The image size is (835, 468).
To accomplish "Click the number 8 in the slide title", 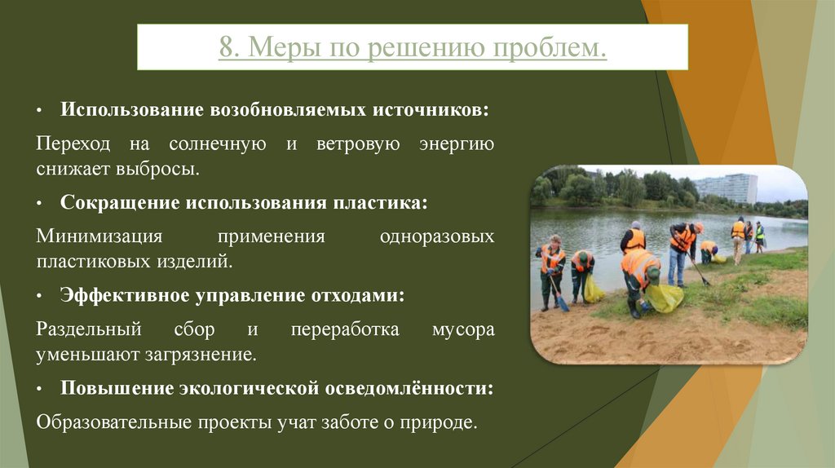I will (x=224, y=48).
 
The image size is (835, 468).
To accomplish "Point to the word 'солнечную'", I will (x=218, y=145).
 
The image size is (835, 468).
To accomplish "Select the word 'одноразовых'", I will (x=437, y=236).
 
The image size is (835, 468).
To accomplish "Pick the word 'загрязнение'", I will (x=208, y=355).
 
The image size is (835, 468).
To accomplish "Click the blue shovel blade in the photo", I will (x=562, y=303).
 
